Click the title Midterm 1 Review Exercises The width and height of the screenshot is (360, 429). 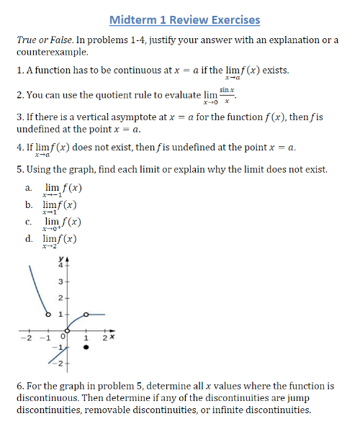coord(185,19)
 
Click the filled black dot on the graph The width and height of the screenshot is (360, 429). coord(87,347)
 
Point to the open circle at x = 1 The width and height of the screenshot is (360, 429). coord(87,315)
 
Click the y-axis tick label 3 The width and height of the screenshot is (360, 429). coord(60,281)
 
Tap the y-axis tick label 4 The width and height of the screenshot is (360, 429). coord(60,264)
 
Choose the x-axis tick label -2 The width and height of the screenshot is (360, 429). coord(27,338)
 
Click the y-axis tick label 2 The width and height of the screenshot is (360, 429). coord(60,297)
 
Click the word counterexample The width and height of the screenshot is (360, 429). coord(50,52)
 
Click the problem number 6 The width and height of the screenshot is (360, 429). coord(19,387)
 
